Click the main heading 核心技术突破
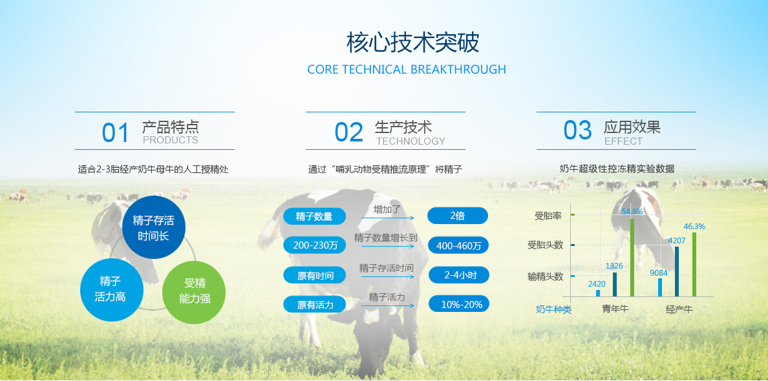point(413,43)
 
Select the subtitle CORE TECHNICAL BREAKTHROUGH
point(407,70)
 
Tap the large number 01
point(116,133)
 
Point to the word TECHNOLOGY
point(411,141)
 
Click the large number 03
point(578,130)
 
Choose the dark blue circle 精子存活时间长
point(153,227)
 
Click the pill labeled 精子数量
point(314,216)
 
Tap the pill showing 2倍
point(458,216)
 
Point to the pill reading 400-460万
point(458,245)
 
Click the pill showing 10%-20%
point(459,304)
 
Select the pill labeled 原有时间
point(314,275)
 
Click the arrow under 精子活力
point(388,305)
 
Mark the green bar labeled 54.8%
point(632,257)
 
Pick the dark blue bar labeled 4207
point(677,271)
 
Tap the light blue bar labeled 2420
point(598,293)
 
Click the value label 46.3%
point(694,227)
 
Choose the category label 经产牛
point(679,309)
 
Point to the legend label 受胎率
point(548,215)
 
